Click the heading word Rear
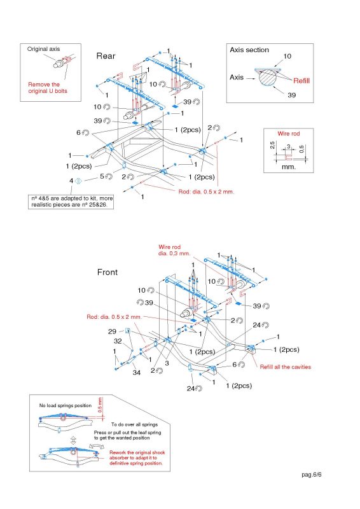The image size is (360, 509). point(106,56)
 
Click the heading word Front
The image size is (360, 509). point(107,272)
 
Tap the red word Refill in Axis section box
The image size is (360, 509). point(301,81)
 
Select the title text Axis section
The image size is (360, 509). point(249,50)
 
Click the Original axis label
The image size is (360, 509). point(43,49)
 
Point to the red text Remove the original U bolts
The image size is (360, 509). point(48,88)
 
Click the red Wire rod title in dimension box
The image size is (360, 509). point(289,134)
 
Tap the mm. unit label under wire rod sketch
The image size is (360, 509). point(289,167)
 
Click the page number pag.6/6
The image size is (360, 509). point(311,475)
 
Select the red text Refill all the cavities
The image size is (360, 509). point(286,367)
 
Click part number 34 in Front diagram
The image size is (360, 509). point(137,373)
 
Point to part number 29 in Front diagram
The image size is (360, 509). point(112,331)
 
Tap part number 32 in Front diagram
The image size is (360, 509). point(118,341)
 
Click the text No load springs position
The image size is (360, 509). point(66,405)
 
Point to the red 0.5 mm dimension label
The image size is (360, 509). point(100,405)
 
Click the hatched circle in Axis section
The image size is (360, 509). point(268,77)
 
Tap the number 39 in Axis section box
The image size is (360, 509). point(291,95)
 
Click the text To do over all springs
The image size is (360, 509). point(134,424)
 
